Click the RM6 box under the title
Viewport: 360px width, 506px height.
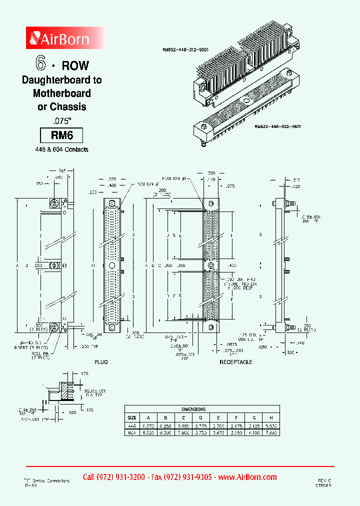(x=61, y=135)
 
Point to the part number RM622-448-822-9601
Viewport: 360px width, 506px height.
(x=277, y=127)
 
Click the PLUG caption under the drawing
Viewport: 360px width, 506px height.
(x=101, y=361)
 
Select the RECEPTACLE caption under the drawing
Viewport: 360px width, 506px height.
(x=236, y=361)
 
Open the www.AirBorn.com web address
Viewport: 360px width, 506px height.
(x=247, y=476)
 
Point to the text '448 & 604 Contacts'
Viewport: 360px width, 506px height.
(x=61, y=149)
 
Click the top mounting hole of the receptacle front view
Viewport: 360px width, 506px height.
(x=211, y=203)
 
